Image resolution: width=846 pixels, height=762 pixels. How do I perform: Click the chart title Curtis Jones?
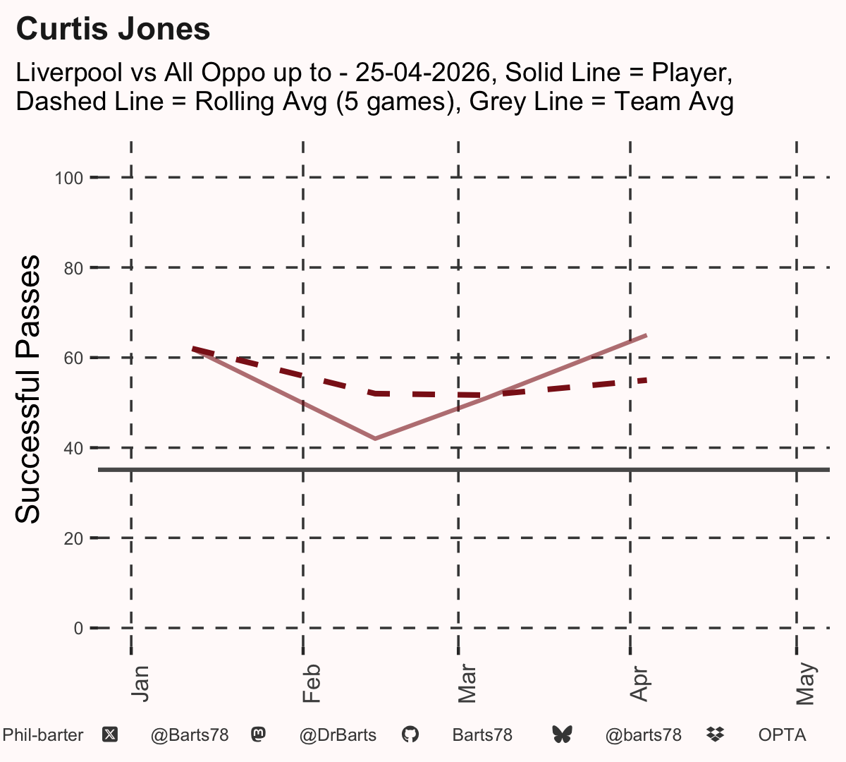[x=113, y=29]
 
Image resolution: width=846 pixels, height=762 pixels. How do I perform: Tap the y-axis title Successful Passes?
[x=27, y=389]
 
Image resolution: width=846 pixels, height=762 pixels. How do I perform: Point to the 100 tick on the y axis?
[x=69, y=178]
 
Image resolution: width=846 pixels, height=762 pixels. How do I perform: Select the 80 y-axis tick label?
[x=73, y=269]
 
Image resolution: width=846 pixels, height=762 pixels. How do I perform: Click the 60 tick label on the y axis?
[x=73, y=358]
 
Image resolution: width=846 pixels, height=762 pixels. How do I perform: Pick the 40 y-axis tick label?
[x=73, y=448]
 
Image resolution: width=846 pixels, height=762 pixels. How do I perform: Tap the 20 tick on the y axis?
[x=73, y=538]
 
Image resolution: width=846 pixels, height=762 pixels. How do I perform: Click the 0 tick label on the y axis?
[x=78, y=629]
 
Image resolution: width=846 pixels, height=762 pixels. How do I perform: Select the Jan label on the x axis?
[x=140, y=684]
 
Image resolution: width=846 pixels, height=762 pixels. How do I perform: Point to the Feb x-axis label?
[x=312, y=684]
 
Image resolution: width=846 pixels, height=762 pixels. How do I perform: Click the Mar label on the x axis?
[x=467, y=684]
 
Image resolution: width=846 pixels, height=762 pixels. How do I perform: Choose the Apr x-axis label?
[x=639, y=684]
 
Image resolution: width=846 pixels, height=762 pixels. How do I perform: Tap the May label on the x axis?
[x=806, y=684]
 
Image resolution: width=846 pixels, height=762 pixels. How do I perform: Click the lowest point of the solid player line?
[x=375, y=439]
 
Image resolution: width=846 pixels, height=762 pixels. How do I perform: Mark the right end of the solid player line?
[x=646, y=336]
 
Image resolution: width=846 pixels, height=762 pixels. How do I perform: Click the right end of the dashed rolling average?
[x=646, y=381]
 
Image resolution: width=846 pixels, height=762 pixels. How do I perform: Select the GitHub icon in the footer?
[x=410, y=734]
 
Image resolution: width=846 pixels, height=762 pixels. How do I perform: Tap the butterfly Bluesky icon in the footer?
[x=563, y=734]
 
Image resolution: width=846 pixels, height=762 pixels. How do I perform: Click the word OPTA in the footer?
[x=783, y=735]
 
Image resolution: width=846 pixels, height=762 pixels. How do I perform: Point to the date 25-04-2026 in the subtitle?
[x=422, y=72]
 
